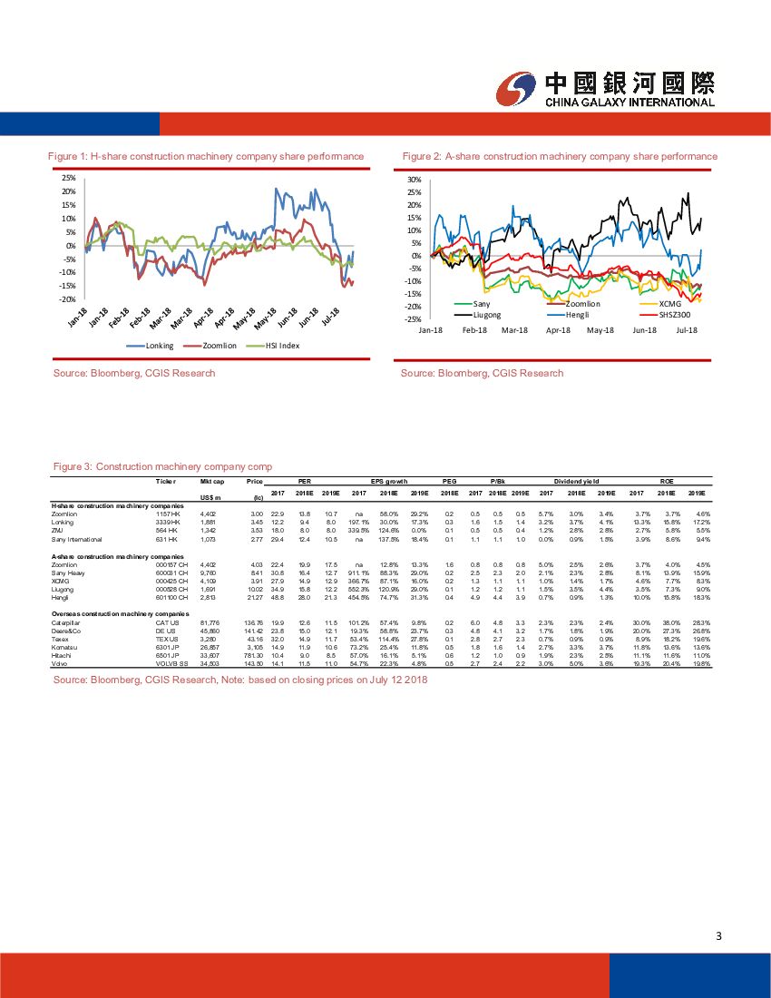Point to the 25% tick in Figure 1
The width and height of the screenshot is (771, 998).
click(69, 178)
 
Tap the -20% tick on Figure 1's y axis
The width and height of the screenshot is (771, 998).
click(67, 299)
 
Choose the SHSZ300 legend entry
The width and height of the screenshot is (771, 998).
click(674, 314)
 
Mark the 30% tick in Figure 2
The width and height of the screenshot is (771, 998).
click(415, 180)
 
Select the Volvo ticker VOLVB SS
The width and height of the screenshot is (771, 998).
click(172, 664)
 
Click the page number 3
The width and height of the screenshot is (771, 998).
click(717, 936)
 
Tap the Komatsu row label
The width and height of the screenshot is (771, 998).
click(65, 649)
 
